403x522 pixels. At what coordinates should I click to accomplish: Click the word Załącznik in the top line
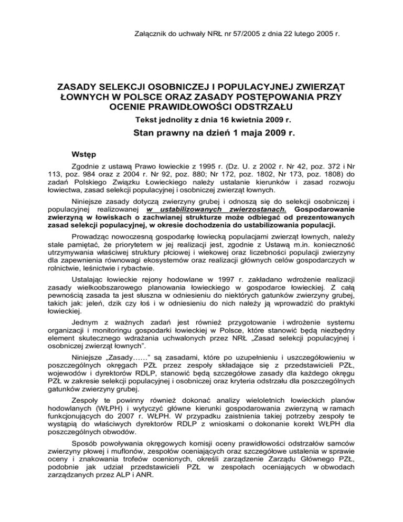(148, 34)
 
